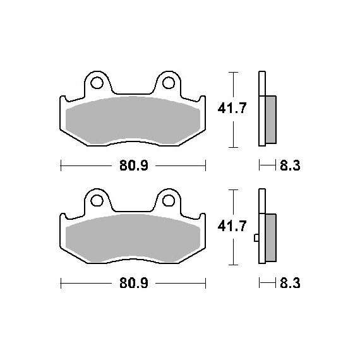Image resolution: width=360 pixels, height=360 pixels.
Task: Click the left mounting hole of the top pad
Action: pyautogui.click(x=97, y=83)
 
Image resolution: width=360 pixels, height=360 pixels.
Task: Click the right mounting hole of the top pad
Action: pyautogui.click(x=169, y=83)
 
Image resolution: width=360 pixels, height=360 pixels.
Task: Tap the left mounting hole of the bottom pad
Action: pyautogui.click(x=97, y=200)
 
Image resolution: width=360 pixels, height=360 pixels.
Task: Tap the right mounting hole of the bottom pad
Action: pyautogui.click(x=169, y=200)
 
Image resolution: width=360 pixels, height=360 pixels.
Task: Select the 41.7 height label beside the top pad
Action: pyautogui.click(x=232, y=108)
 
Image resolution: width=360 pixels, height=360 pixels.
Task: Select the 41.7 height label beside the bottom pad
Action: pyautogui.click(x=232, y=226)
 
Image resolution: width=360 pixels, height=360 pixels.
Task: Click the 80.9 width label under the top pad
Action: pyautogui.click(x=134, y=165)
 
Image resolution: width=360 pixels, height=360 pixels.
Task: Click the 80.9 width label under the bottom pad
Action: pyautogui.click(x=134, y=283)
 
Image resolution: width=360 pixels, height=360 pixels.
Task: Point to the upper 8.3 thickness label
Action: pyautogui.click(x=290, y=165)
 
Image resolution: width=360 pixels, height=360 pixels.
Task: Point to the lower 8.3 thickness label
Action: pyautogui.click(x=290, y=283)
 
